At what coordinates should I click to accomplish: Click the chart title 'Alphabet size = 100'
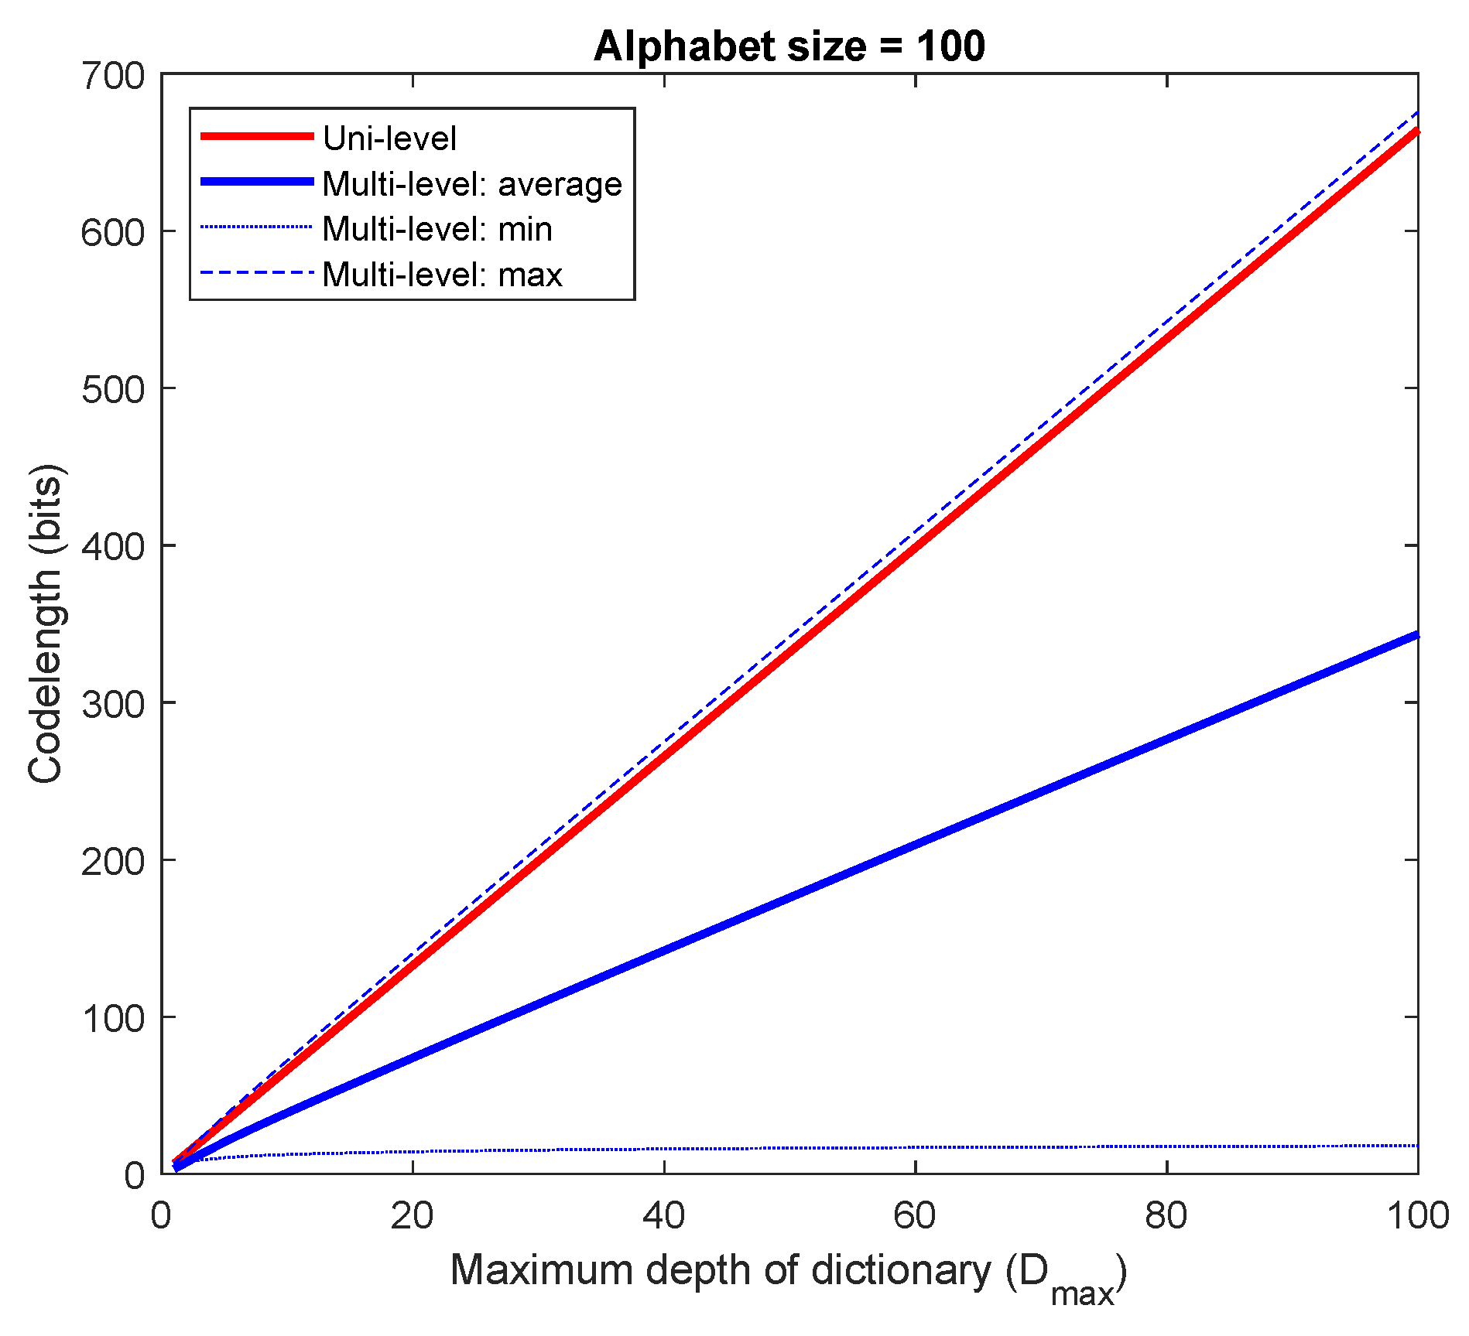point(789,46)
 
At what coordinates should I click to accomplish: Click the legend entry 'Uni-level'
point(389,138)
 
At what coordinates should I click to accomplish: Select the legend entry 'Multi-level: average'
point(472,184)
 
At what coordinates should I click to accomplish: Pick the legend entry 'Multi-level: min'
point(437,229)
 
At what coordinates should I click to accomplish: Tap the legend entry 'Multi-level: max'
point(442,275)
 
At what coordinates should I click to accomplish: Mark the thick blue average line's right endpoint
point(1416,635)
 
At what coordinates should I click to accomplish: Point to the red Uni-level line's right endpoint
point(1416,132)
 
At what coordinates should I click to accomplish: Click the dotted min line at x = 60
point(915,1147)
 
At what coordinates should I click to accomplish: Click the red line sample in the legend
point(257,136)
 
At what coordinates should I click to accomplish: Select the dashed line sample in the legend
point(257,273)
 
